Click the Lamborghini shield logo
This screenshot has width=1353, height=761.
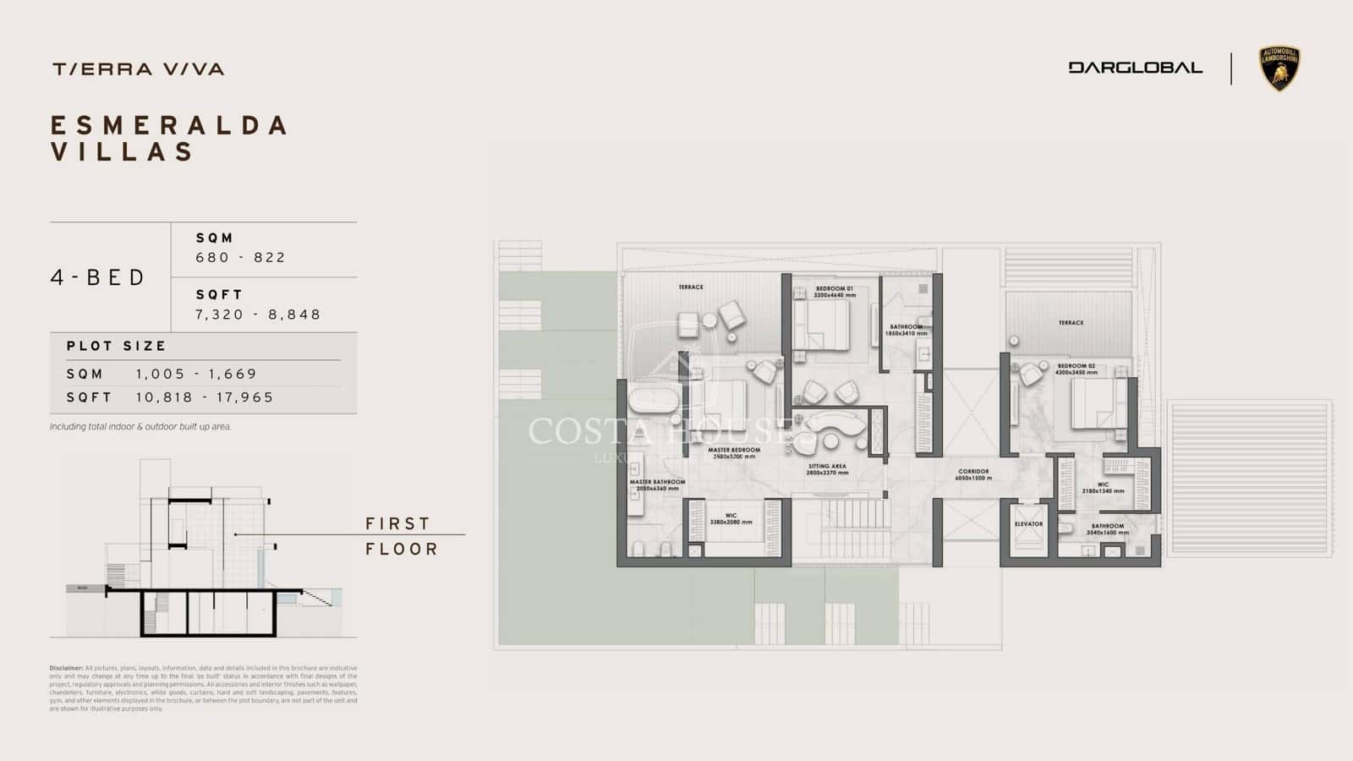[x=1279, y=68]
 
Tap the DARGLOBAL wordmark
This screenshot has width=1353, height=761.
[x=1135, y=68]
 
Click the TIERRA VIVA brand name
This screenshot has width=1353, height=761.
[x=138, y=69]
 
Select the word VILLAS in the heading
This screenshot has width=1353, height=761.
[x=123, y=152]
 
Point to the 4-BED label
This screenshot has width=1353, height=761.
[x=98, y=277]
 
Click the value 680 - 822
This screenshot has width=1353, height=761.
[x=241, y=258]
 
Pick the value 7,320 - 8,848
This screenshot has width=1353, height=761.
[x=258, y=315]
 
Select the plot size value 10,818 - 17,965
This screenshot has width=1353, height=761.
[x=205, y=397]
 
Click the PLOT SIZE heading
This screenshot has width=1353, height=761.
[x=117, y=346]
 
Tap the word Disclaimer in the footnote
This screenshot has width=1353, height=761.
[x=66, y=668]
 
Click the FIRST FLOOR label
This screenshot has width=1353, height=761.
[x=402, y=536]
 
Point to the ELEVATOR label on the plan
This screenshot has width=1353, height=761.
[x=1028, y=524]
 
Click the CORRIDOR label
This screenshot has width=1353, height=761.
[x=973, y=472]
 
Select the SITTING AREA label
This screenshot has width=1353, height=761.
[x=826, y=467]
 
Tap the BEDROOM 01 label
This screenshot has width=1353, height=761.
[x=834, y=289]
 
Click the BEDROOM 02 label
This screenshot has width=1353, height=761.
[x=1076, y=366]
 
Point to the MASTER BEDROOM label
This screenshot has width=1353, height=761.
[x=734, y=451]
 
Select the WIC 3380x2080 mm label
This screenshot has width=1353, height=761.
[x=731, y=516]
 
